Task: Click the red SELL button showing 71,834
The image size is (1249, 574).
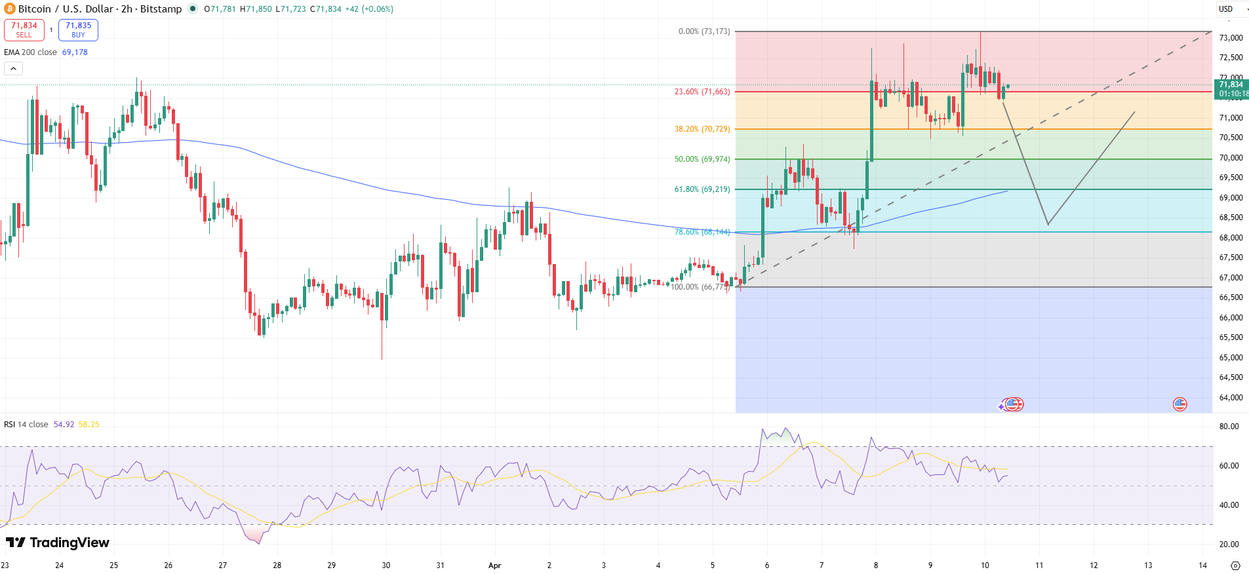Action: click(24, 29)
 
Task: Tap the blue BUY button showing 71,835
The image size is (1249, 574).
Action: click(78, 29)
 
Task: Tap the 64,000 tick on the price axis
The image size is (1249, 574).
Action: click(1231, 398)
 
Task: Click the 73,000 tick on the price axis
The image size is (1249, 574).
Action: click(1231, 38)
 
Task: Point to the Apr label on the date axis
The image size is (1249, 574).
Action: click(495, 565)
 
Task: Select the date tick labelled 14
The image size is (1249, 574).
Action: click(1202, 565)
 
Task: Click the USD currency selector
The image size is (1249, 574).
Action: click(1225, 9)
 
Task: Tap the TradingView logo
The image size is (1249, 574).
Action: click(58, 543)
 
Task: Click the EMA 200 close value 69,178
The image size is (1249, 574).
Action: click(75, 52)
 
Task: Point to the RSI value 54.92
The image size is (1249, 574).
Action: click(64, 425)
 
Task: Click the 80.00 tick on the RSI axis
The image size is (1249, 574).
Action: click(1229, 427)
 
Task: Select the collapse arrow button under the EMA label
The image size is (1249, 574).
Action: click(13, 68)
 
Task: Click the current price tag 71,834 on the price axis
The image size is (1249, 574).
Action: click(1231, 89)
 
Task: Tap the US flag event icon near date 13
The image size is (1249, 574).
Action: click(1180, 404)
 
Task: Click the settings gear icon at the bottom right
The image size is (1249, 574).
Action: click(1235, 565)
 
